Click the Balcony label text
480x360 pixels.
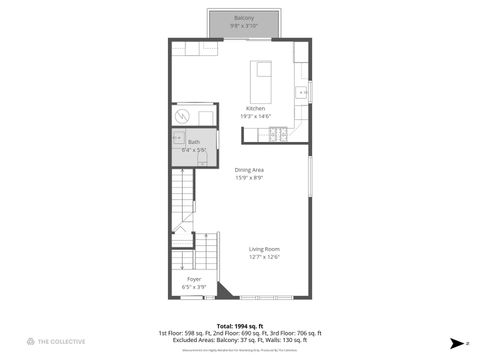click(244, 18)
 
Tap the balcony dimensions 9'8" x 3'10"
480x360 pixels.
click(244, 26)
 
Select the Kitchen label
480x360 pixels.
click(256, 108)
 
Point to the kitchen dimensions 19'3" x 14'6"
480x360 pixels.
click(256, 116)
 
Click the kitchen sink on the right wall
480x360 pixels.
click(300, 93)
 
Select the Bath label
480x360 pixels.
click(194, 142)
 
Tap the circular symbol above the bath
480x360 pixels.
click(181, 114)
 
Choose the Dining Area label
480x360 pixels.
click(249, 170)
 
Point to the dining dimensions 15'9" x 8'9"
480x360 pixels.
click(249, 178)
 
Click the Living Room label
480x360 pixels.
click(264, 249)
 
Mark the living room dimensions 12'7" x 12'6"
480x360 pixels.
click(264, 257)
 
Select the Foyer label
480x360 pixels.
click(194, 279)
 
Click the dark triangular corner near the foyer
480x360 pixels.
click(223, 292)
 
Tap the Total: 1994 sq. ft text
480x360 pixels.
click(239, 326)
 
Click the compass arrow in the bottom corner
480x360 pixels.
click(455, 342)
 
